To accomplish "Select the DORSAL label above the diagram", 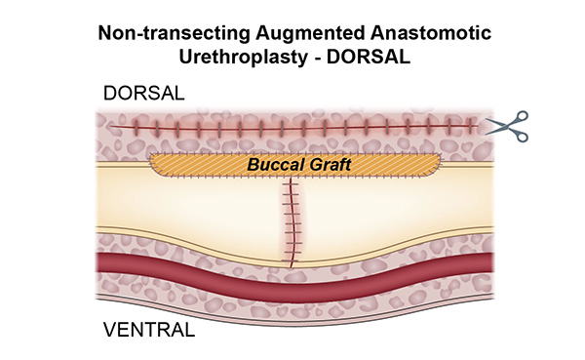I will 144,94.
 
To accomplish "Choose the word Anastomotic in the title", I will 436,31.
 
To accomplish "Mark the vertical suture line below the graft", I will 291,220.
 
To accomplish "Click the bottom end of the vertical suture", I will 291,260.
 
